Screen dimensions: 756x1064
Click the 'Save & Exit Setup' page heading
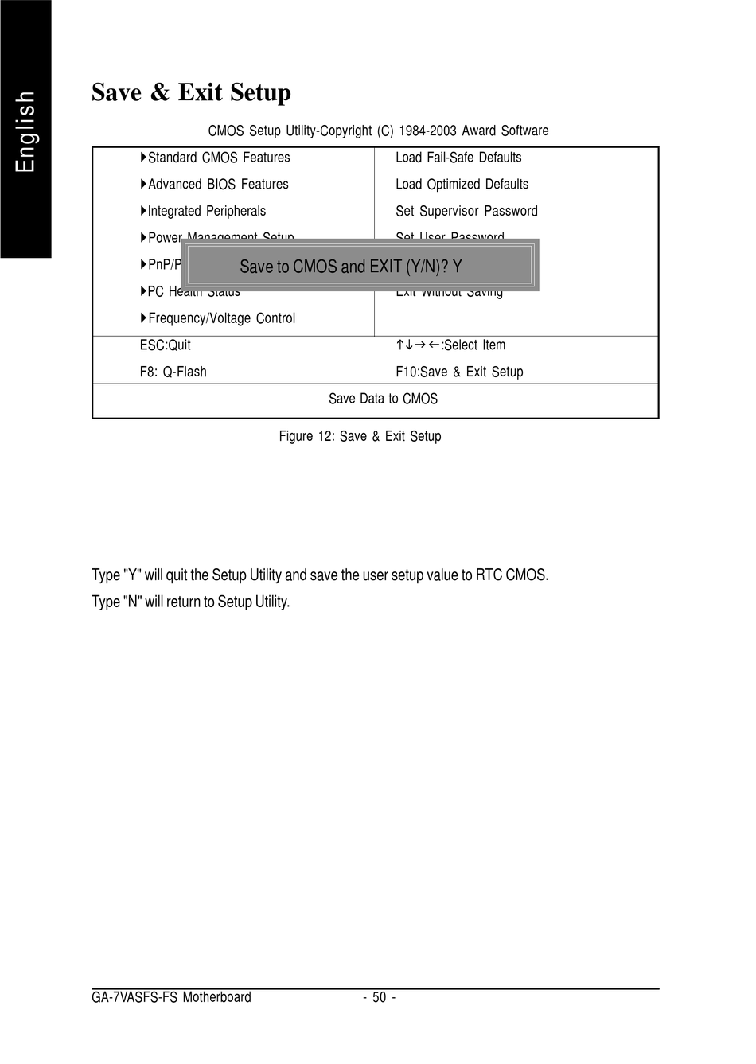191,92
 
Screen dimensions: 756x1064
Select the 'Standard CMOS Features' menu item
218,158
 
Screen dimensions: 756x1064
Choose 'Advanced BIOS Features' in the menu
217,185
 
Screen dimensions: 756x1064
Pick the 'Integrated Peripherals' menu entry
206,211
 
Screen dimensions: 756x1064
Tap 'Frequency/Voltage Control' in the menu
220,318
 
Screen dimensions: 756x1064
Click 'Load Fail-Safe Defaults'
458,158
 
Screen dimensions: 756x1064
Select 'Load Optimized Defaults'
462,185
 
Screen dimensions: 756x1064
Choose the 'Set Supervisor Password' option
466,211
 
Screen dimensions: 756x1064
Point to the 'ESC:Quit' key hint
165,345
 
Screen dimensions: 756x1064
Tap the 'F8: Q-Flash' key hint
173,372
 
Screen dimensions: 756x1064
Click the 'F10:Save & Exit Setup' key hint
459,372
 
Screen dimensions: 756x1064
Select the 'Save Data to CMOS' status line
383,399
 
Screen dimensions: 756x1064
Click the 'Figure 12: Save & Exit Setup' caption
360,436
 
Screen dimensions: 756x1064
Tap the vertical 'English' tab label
25,131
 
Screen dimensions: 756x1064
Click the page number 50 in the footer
379,998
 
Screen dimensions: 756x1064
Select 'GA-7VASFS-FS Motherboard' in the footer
171,998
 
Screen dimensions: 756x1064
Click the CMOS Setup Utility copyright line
378,131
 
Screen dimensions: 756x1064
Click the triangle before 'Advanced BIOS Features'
143,185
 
